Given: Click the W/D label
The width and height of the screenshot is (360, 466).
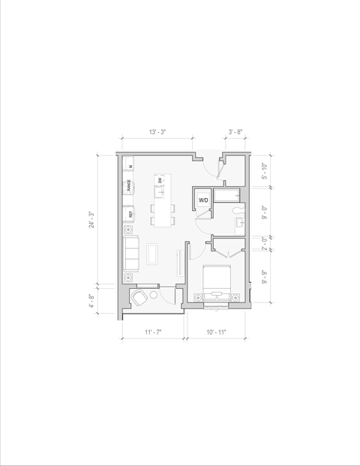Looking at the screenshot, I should (204, 200).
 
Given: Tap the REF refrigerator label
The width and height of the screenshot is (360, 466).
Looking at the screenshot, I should (130, 215).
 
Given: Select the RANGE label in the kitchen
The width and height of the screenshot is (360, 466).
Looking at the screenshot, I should (130, 185).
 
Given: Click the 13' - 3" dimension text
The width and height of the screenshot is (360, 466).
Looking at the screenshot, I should (157, 131).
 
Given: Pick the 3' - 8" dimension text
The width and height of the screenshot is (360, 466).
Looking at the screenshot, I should (235, 131).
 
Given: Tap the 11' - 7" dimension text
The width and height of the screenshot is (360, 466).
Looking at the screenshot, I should (153, 332).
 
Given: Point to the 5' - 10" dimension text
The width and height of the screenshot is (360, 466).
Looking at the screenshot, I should (263, 170).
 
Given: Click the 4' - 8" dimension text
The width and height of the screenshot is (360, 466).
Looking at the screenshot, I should (92, 301).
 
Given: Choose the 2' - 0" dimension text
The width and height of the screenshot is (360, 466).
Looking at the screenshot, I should (263, 245).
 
